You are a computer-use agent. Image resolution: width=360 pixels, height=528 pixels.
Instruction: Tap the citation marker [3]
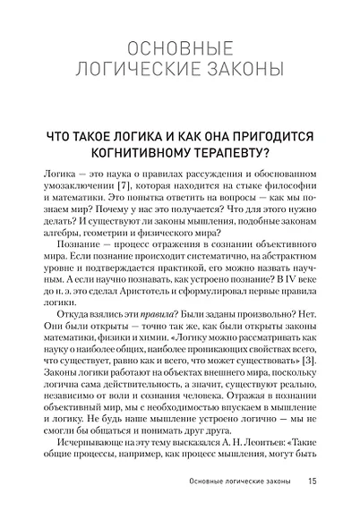308,359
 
